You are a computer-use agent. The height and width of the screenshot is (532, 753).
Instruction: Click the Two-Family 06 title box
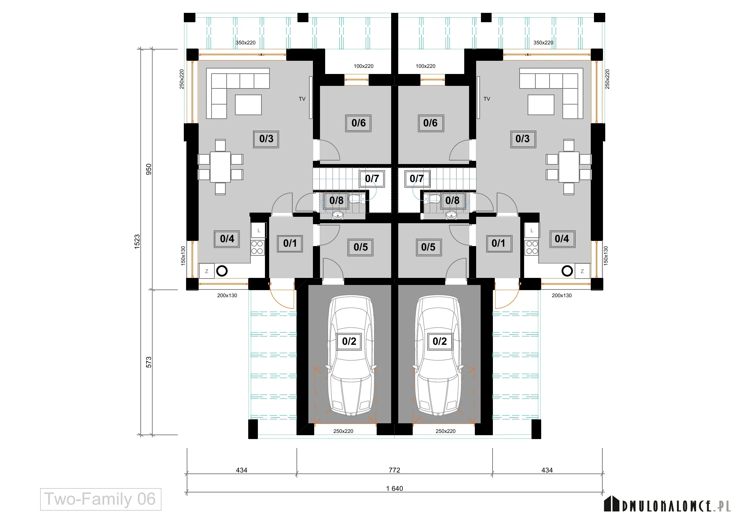(x=101, y=499)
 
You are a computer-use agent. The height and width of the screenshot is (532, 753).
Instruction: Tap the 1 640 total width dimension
(x=395, y=489)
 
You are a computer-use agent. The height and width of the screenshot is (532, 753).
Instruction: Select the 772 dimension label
(x=395, y=470)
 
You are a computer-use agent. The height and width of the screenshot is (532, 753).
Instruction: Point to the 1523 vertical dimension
(x=137, y=242)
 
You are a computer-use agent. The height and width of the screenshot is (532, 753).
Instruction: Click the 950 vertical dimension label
(x=148, y=169)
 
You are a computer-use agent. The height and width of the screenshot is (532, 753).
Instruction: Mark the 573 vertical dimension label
(x=148, y=362)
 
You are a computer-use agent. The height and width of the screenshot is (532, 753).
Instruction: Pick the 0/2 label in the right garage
(x=439, y=341)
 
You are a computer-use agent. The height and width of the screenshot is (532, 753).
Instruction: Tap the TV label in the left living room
(x=302, y=99)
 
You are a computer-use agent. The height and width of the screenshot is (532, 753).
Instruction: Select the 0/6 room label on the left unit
(x=358, y=123)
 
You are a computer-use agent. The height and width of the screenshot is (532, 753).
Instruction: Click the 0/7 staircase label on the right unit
(x=417, y=179)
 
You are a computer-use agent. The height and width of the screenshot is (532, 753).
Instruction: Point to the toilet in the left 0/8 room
(x=356, y=198)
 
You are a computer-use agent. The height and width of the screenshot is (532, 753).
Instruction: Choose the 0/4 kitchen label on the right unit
(x=562, y=239)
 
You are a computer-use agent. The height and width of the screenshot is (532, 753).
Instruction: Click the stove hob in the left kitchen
(x=257, y=248)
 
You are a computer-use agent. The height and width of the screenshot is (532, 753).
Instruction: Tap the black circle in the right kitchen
(x=567, y=271)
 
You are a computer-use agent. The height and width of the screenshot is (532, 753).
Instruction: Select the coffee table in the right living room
(x=541, y=105)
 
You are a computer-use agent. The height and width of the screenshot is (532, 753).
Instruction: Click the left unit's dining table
(x=221, y=167)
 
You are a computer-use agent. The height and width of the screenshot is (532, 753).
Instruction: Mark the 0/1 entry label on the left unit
(x=290, y=243)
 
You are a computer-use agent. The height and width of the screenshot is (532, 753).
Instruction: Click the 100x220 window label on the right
(x=425, y=66)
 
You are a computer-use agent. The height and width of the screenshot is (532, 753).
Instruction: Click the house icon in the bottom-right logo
(x=612, y=503)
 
